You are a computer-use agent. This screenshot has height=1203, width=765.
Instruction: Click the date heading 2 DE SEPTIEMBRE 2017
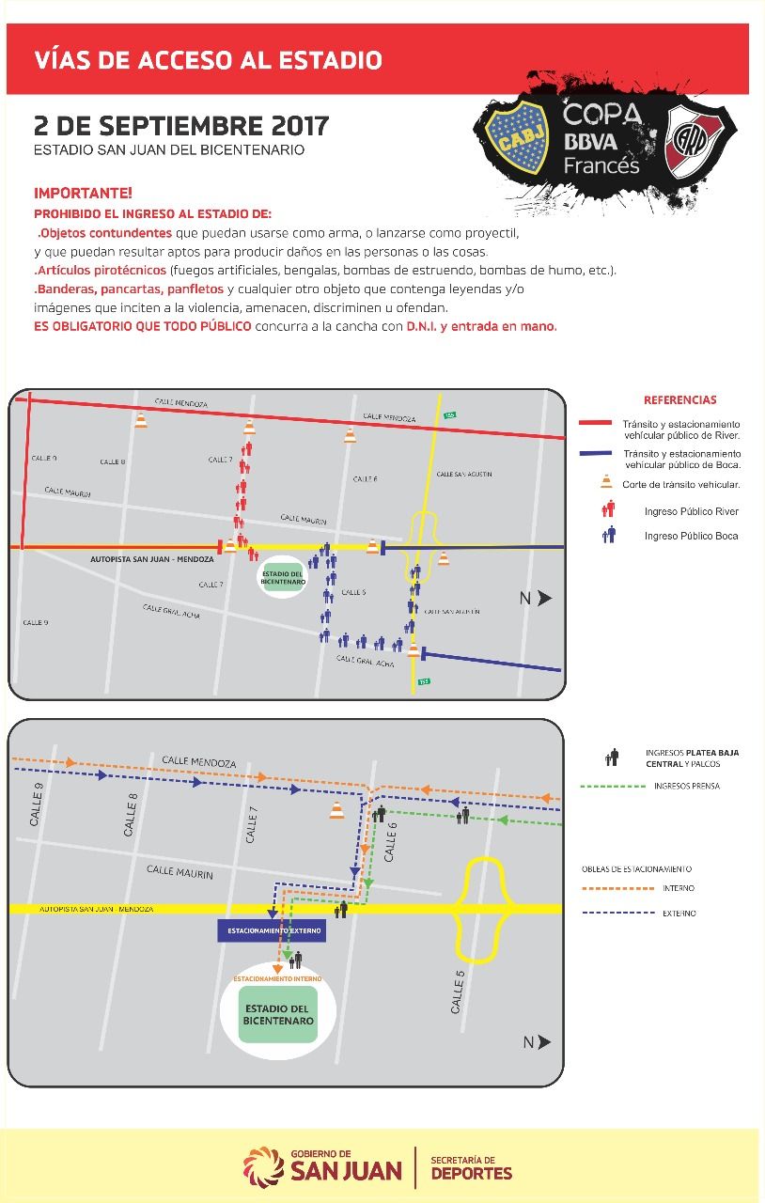[x=181, y=125]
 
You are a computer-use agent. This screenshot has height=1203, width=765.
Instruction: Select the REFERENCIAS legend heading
[x=679, y=399]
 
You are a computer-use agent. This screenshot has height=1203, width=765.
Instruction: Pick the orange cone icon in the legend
[x=607, y=483]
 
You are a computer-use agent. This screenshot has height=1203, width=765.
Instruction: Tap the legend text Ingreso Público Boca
[x=691, y=536]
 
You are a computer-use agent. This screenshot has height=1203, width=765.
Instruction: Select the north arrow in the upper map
[x=538, y=599]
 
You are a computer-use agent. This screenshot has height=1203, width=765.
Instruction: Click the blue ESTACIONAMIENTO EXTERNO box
[x=272, y=931]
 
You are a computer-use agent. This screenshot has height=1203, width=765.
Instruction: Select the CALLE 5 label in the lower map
[x=458, y=996]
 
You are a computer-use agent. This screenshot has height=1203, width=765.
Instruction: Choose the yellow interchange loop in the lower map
[x=482, y=910]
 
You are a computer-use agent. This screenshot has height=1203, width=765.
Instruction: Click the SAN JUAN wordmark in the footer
[x=346, y=1171]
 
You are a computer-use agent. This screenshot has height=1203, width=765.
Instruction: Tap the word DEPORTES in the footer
[x=471, y=1173]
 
